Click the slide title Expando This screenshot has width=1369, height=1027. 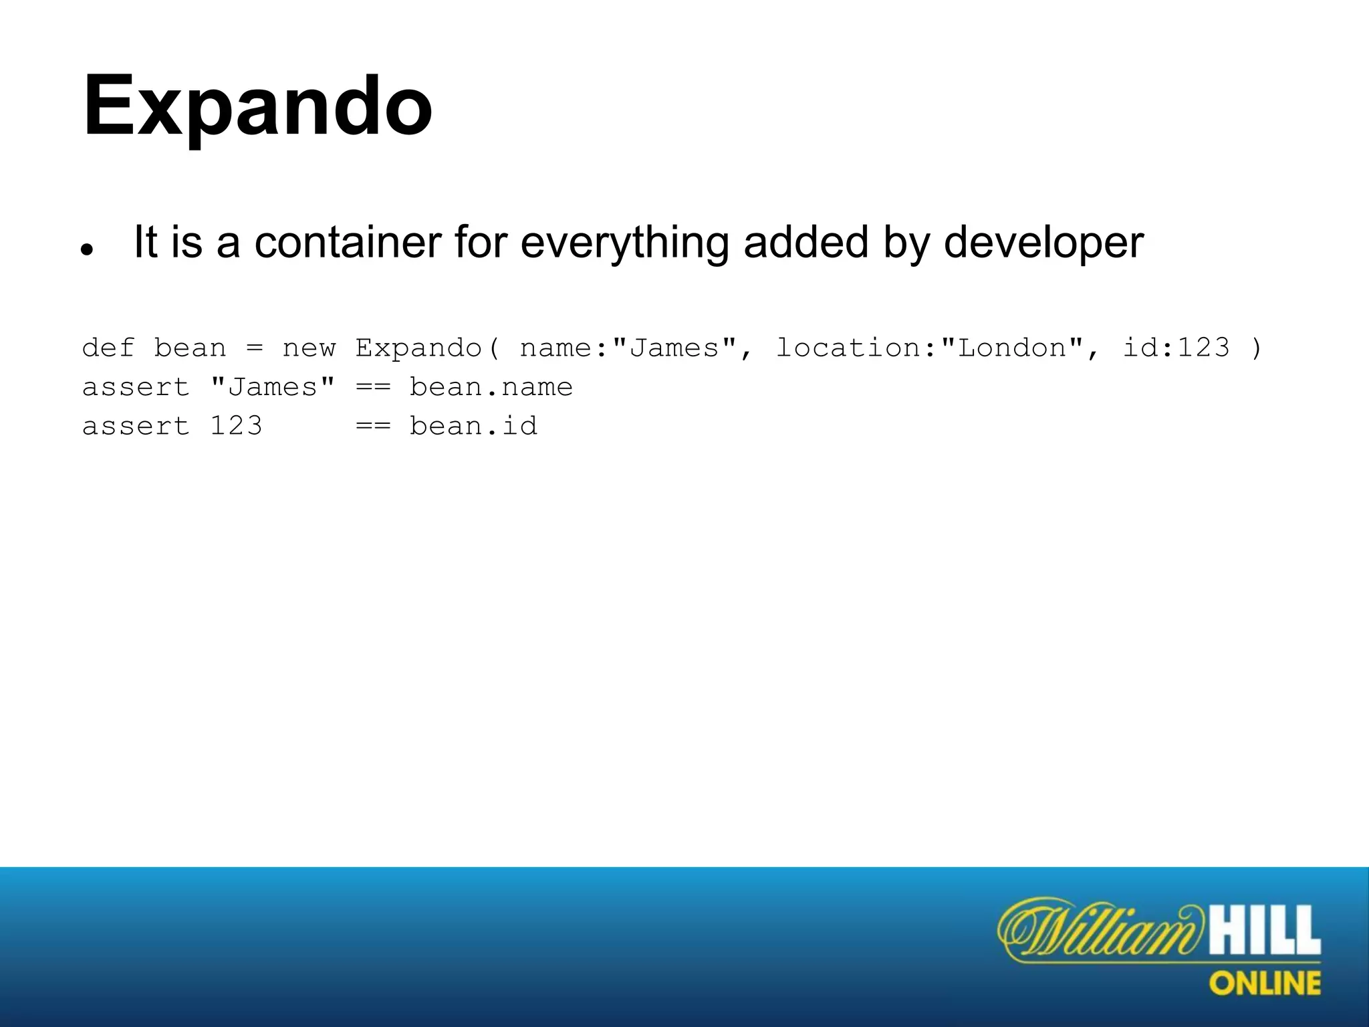257,107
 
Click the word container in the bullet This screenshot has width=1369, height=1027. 348,242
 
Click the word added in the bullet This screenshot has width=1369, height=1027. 806,242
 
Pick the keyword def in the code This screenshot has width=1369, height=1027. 108,348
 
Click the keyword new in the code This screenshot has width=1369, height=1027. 309,348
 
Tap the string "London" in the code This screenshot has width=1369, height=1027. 1012,348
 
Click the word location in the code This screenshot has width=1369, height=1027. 849,348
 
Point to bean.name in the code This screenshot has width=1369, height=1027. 491,387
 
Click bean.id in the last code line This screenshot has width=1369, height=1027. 473,426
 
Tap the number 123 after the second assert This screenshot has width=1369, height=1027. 236,426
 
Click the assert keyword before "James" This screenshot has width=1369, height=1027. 136,387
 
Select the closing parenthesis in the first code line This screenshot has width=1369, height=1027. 1256,348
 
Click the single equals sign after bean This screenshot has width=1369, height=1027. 255,348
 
